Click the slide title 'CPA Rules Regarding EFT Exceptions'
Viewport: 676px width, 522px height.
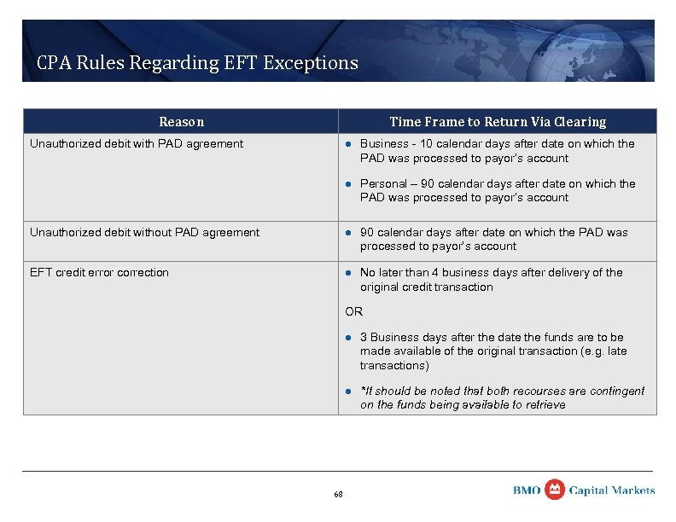[x=197, y=63]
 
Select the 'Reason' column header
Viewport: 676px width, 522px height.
[x=181, y=122]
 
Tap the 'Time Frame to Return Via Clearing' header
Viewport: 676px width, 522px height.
[x=498, y=122]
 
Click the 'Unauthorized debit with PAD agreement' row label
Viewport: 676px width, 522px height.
[x=137, y=144]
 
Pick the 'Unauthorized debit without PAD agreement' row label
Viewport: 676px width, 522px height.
[x=145, y=233]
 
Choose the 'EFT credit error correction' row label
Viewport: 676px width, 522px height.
[x=99, y=273]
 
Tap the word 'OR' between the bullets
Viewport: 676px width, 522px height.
[x=353, y=312]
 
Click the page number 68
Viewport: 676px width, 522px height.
[x=338, y=495]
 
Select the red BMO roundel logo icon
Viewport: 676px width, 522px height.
[x=554, y=489]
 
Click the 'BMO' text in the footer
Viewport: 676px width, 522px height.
[x=527, y=490]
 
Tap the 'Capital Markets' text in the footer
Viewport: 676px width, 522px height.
[x=612, y=490]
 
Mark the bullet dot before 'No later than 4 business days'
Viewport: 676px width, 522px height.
[x=348, y=273]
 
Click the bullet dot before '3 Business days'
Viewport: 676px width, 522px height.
[x=348, y=338]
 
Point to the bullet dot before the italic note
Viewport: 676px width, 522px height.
[x=348, y=391]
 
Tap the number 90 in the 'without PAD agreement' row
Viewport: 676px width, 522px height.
[x=367, y=233]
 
